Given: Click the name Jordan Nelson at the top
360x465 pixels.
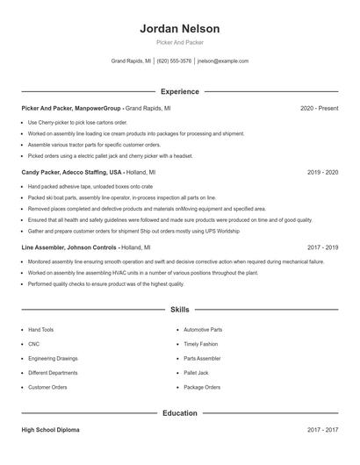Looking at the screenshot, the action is click(x=179, y=28).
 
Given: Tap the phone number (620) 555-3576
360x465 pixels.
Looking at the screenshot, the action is click(x=174, y=61).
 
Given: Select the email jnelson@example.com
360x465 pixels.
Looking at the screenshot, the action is click(x=223, y=61).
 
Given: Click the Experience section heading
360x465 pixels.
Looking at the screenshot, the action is click(x=179, y=91).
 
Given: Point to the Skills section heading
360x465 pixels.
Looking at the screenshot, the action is click(x=179, y=310).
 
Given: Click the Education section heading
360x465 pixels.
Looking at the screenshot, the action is click(x=179, y=413).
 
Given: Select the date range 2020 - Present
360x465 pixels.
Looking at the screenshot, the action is click(x=319, y=108).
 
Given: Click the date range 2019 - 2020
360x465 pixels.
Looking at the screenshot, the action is click(x=322, y=173).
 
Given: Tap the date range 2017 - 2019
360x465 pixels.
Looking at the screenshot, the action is click(x=322, y=247).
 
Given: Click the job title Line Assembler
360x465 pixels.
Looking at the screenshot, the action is click(x=46, y=247).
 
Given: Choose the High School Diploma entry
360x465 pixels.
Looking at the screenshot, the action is click(x=50, y=430).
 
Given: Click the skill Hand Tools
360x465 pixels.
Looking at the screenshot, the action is click(x=40, y=330).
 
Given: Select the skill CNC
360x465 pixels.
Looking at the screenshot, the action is click(x=33, y=344).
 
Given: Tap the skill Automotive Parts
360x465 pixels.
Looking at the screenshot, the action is click(x=203, y=330).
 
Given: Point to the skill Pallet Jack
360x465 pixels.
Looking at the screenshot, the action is click(x=196, y=373).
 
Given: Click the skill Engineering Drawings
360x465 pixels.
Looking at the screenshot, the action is click(x=53, y=359).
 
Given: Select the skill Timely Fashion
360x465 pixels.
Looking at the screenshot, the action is click(x=200, y=344).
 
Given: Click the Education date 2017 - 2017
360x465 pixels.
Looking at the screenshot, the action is click(x=322, y=430).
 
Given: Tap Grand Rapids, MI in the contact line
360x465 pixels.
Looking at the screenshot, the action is click(x=131, y=61).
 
